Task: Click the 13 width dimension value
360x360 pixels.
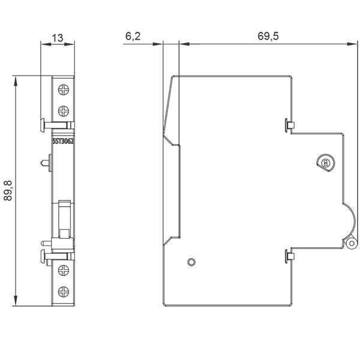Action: [58, 38]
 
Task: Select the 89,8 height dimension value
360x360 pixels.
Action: [8, 191]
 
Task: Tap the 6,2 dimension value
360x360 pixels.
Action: [133, 36]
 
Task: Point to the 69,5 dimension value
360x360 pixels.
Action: [268, 36]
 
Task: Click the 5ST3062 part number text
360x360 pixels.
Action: [63, 141]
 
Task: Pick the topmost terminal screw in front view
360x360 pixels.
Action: [64, 89]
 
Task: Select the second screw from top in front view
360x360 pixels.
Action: [64, 111]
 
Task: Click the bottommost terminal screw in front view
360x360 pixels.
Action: [64, 292]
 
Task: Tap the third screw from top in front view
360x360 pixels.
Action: [64, 270]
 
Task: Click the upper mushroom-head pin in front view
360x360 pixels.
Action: [58, 125]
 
